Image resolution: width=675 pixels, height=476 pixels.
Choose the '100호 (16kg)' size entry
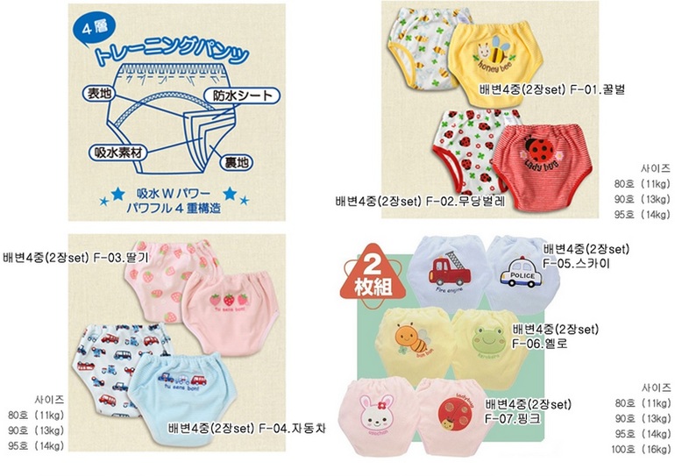[x=643, y=450]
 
